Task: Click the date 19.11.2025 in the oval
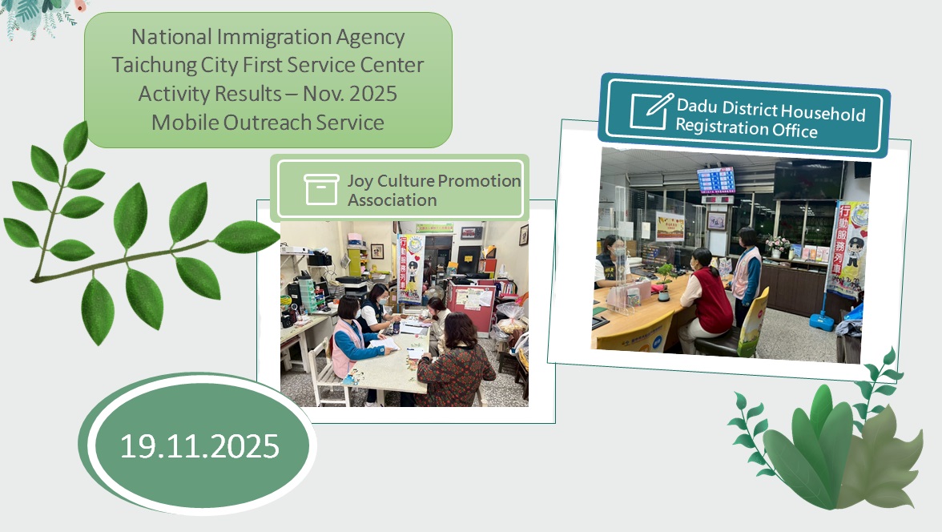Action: click(x=199, y=445)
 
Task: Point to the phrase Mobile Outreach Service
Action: click(x=268, y=122)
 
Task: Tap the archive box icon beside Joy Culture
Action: click(x=322, y=189)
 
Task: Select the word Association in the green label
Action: click(x=392, y=200)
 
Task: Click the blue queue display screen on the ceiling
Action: click(x=715, y=180)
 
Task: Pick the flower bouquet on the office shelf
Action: click(x=775, y=243)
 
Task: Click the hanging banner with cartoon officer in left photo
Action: click(x=409, y=269)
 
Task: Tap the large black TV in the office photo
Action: click(x=807, y=179)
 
